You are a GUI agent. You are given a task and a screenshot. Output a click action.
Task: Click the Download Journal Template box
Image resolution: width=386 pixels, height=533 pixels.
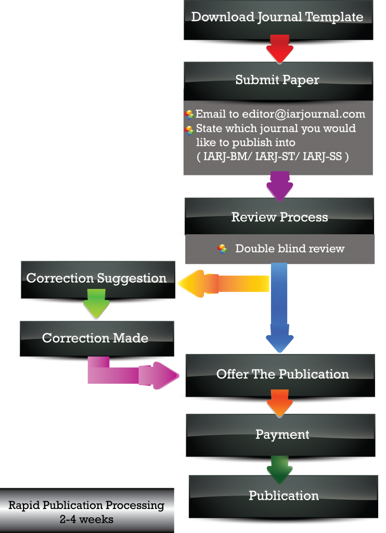[x=277, y=18]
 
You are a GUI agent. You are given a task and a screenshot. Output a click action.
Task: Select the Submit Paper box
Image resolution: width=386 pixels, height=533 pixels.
[x=277, y=81]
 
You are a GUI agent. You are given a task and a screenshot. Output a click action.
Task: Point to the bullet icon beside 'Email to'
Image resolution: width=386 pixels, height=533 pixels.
[x=189, y=115]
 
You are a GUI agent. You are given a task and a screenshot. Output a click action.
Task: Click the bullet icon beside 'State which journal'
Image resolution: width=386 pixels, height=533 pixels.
[x=189, y=130]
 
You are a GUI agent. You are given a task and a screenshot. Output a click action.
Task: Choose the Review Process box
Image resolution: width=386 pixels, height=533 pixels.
[x=279, y=217]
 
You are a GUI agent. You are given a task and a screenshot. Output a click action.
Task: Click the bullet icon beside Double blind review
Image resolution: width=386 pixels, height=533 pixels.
[x=222, y=249]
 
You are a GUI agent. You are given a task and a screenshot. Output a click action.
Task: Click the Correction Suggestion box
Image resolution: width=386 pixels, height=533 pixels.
[x=97, y=278]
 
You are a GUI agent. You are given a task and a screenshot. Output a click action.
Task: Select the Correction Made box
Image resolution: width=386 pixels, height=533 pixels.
[x=95, y=338]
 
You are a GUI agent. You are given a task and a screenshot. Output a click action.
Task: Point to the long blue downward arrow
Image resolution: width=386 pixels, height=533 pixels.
[x=279, y=307]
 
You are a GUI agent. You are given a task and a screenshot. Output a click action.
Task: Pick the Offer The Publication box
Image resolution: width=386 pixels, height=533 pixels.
[x=282, y=374]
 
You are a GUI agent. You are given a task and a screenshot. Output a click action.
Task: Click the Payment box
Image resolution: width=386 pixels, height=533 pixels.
[x=282, y=435]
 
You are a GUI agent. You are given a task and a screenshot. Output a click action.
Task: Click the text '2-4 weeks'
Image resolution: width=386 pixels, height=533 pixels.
[x=86, y=519]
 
